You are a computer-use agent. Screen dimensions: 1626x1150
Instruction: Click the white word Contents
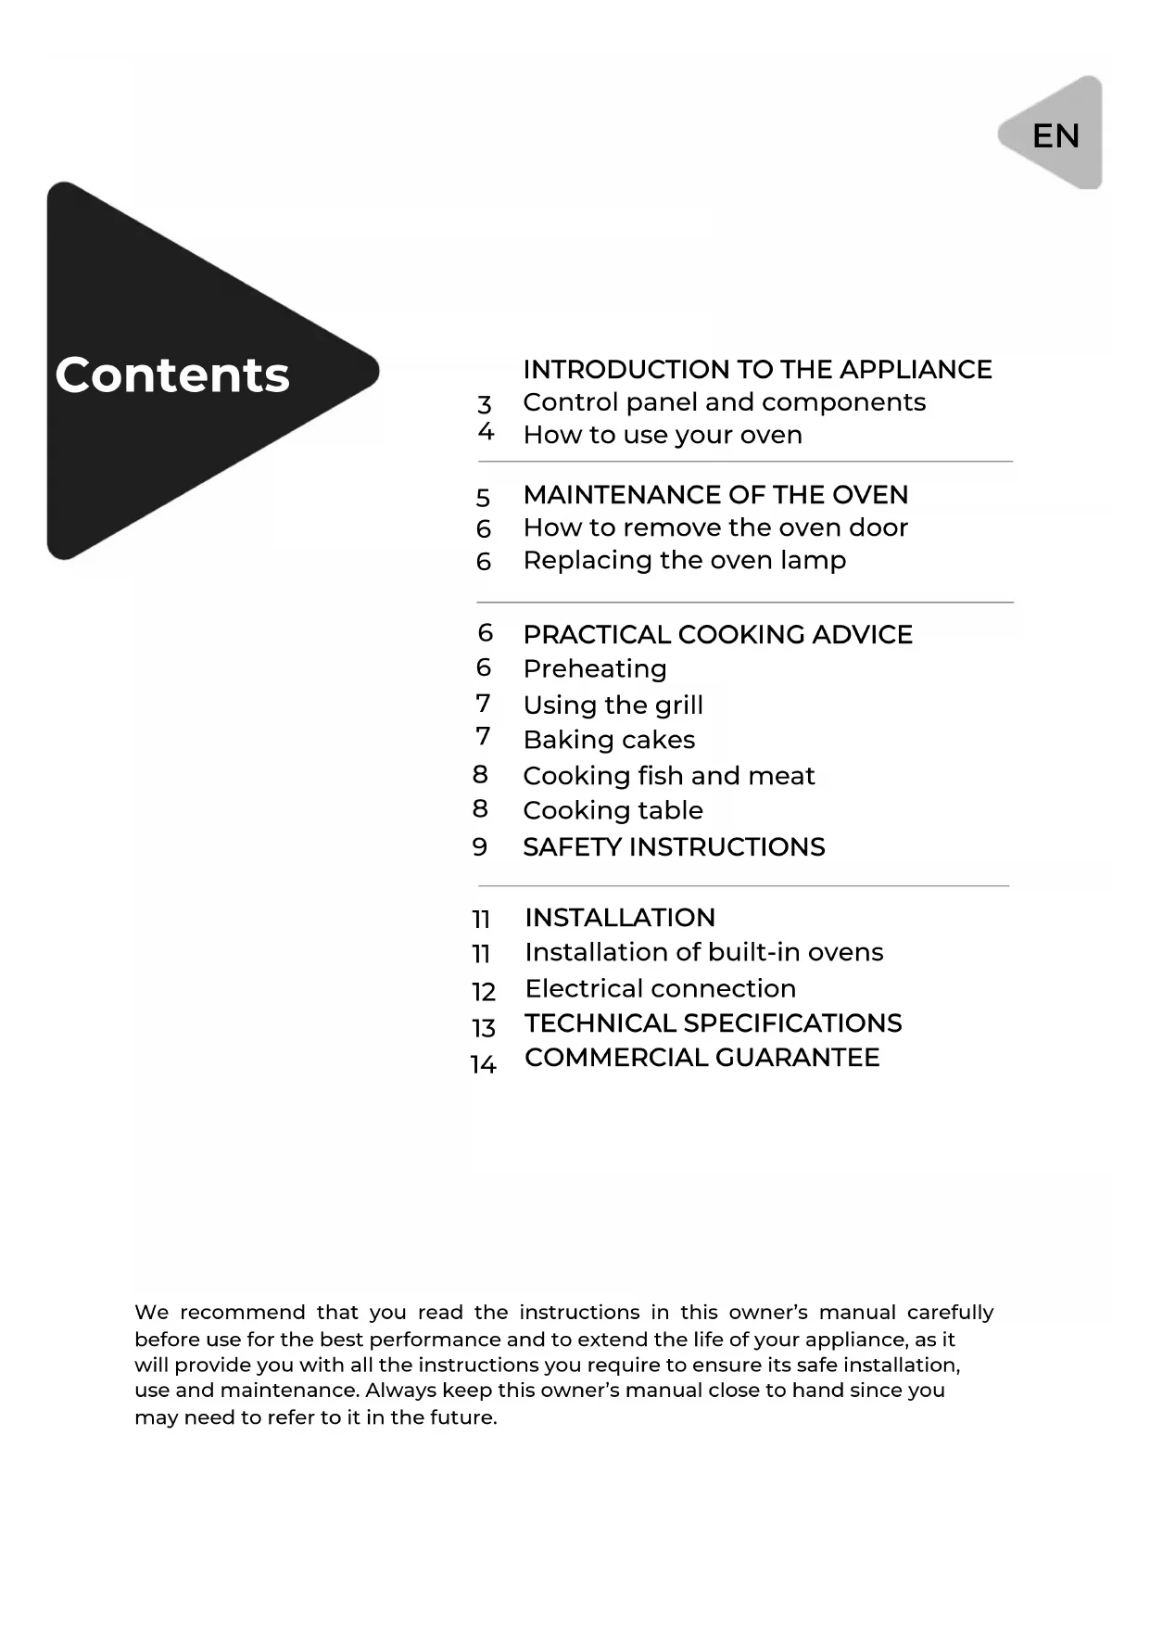pos(172,375)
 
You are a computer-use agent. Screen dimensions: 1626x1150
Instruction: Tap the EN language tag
pos(1055,136)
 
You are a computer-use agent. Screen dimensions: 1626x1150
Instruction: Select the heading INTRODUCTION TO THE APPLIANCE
pos(757,370)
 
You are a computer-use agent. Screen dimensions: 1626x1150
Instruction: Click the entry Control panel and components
pos(724,402)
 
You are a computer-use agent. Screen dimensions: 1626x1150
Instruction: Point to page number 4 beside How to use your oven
pos(486,432)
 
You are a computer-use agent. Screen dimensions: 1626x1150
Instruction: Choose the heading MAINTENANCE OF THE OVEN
pos(715,495)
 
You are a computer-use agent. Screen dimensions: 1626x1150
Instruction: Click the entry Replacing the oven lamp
pos(684,561)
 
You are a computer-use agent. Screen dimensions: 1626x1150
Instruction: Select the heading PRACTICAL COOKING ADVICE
pos(717,635)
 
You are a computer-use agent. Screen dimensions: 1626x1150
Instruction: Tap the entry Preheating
pos(594,669)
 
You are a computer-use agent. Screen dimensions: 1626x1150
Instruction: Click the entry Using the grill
pos(613,705)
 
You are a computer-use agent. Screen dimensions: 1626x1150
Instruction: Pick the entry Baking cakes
pos(609,741)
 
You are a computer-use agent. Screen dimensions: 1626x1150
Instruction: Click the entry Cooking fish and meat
pos(668,776)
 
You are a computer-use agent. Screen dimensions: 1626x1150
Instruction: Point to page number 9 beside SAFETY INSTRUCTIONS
pos(480,847)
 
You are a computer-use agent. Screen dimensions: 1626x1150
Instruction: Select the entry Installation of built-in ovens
pos(703,953)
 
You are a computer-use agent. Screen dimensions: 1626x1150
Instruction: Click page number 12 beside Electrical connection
pos(484,992)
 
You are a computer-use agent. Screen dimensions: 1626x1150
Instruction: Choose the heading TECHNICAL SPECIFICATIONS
pos(713,1023)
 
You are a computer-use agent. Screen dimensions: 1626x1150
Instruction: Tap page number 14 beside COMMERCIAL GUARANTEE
pos(484,1065)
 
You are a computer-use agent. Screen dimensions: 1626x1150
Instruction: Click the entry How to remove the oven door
pos(714,528)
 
